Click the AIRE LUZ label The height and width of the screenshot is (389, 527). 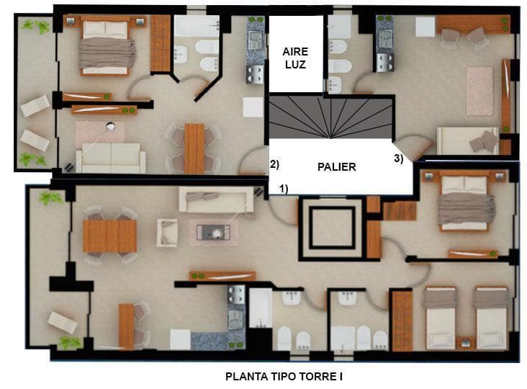click(x=295, y=58)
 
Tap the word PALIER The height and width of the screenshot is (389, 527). click(x=336, y=166)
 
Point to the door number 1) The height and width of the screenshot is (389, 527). click(x=284, y=189)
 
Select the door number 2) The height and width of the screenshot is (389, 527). click(x=274, y=164)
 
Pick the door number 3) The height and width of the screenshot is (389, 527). click(x=398, y=158)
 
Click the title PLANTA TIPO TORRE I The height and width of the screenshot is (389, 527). click(x=284, y=376)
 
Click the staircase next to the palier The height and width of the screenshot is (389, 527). click(x=330, y=117)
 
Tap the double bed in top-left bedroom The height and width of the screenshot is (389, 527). click(x=106, y=46)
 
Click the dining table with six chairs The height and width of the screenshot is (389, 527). click(x=194, y=148)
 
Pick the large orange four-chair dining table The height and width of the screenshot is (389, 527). click(x=109, y=236)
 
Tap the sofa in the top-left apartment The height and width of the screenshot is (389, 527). click(x=111, y=158)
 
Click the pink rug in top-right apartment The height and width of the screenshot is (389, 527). click(x=479, y=91)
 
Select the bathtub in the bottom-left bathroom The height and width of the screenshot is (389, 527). click(x=260, y=308)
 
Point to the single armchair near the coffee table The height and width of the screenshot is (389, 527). click(x=167, y=233)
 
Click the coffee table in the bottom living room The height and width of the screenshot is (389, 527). click(x=213, y=233)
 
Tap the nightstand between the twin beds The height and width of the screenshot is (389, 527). click(x=467, y=344)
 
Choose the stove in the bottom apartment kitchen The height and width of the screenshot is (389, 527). click(x=237, y=295)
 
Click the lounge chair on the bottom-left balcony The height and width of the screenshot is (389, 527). click(x=62, y=323)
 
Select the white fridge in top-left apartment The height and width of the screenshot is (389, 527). click(x=253, y=107)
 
